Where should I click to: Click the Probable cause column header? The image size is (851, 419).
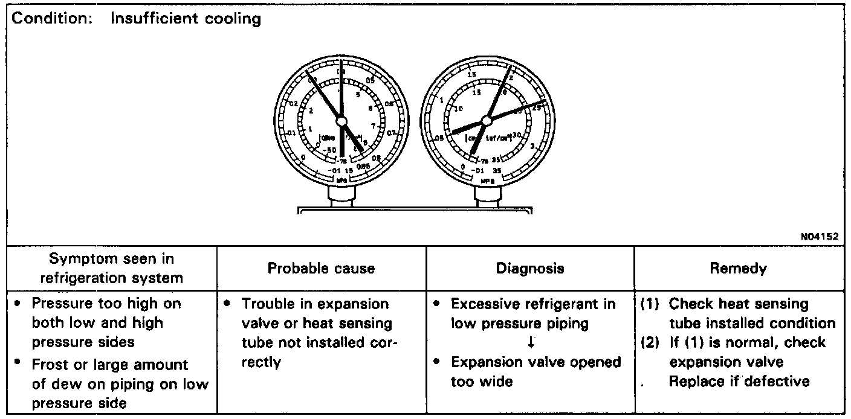tap(321, 268)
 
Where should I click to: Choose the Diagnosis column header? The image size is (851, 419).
tap(529, 268)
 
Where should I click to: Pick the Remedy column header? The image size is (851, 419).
tap(739, 268)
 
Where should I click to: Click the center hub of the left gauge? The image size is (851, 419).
tap(341, 121)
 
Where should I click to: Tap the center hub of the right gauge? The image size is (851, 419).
tap(485, 120)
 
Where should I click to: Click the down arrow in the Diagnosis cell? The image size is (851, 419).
tap(530, 342)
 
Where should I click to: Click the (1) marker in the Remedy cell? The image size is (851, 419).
tap(650, 303)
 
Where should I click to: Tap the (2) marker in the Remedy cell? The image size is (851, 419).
tap(650, 342)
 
